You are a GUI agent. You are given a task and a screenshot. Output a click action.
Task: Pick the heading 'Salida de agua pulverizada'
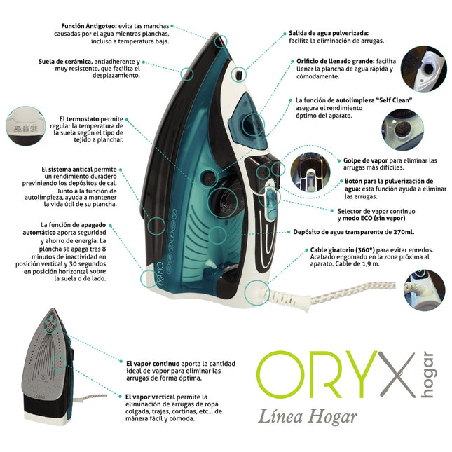pos(328,33)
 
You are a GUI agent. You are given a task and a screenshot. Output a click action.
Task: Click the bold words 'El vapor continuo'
pos(151,364)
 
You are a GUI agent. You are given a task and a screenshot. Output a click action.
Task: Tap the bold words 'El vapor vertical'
pos(150,397)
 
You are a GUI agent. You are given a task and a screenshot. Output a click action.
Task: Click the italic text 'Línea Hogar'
pos(308,417)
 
